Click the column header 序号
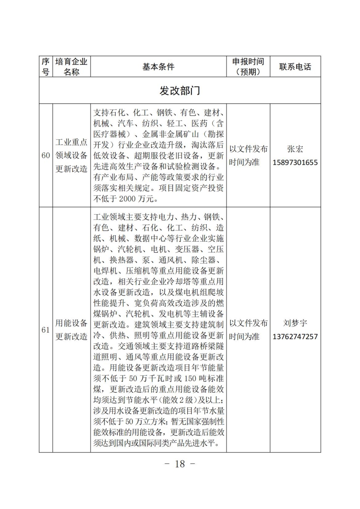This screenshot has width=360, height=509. (46, 67)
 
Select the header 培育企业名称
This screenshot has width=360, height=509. (71, 67)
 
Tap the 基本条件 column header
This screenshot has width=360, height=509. (158, 67)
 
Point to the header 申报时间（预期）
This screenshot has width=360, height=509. (248, 67)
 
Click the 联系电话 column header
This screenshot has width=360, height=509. (295, 67)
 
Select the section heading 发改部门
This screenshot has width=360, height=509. (180, 91)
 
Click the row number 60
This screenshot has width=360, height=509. (46, 156)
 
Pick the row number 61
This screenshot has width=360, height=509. (46, 330)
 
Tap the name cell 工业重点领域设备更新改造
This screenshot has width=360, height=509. (71, 156)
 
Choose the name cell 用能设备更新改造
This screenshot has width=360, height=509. (71, 330)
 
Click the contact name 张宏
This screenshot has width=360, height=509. (295, 149)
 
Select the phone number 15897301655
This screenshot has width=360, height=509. (295, 162)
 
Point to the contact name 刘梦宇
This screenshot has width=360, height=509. (295, 323)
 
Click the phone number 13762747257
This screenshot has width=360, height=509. (295, 337)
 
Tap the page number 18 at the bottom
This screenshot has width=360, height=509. (180, 464)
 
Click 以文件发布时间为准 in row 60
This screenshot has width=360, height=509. (248, 156)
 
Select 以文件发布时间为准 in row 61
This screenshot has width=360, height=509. (248, 330)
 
